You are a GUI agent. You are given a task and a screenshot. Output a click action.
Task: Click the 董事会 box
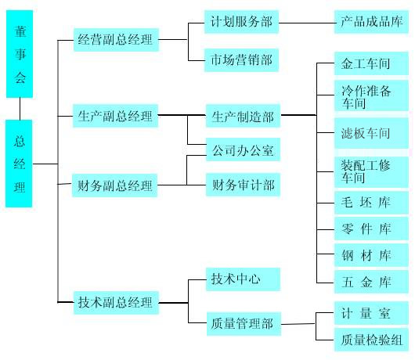[20, 54]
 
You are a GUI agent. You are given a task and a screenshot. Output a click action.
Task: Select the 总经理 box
[19, 164]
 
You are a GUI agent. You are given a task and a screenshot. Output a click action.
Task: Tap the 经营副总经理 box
[116, 40]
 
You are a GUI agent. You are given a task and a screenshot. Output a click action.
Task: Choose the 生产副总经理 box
[115, 116]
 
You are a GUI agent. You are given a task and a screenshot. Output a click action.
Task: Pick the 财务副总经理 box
[114, 185]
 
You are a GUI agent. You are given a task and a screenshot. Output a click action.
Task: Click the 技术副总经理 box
[116, 303]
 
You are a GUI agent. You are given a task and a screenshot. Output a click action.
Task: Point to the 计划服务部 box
[241, 22]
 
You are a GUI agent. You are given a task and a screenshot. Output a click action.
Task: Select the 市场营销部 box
[241, 60]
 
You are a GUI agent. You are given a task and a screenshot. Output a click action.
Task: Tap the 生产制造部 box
[243, 116]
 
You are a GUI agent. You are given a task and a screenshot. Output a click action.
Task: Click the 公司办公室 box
[243, 149]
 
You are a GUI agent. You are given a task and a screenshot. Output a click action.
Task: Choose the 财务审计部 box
[243, 185]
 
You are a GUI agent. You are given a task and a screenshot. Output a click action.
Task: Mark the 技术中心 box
[243, 279]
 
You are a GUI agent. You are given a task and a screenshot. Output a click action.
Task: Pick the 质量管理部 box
[244, 324]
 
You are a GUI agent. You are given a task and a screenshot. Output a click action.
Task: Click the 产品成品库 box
[371, 22]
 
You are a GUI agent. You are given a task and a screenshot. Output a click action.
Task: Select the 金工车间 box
[371, 63]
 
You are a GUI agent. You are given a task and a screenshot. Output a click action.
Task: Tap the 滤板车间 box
[371, 133]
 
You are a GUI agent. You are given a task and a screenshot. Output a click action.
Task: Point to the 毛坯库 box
[371, 203]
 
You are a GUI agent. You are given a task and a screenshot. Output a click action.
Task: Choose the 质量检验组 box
[371, 340]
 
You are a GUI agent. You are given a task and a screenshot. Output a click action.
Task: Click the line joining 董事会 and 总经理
[20, 109]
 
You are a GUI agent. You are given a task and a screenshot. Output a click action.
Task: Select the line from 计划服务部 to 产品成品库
[307, 23]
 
